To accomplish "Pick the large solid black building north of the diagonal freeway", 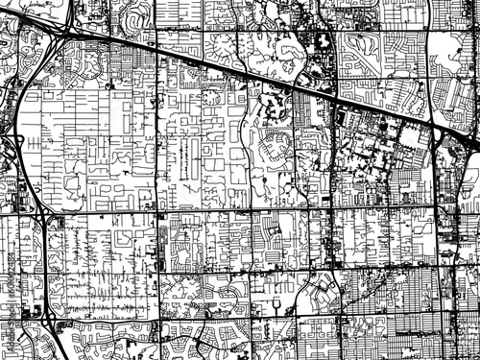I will point(320,42).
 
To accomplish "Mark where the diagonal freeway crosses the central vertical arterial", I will point(332,100).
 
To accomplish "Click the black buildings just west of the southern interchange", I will point(24,313).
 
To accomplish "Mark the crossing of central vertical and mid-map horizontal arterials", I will point(332,208).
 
